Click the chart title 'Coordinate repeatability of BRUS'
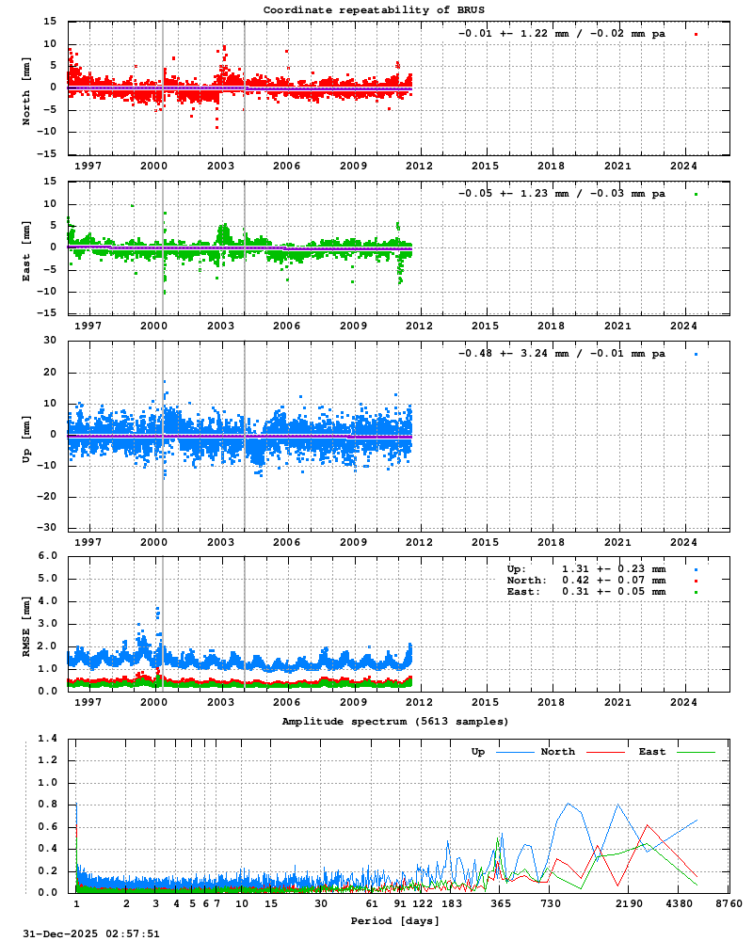pyautogui.click(x=375, y=9)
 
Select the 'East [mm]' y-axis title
pyautogui.click(x=26, y=248)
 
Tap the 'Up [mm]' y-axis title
pyautogui.click(x=26, y=436)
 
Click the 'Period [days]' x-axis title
pyautogui.click(x=394, y=919)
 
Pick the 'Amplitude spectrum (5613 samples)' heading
pyautogui.click(x=395, y=721)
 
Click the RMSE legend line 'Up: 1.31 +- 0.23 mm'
pyautogui.click(x=586, y=569)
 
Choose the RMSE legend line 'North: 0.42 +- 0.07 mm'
pyautogui.click(x=586, y=581)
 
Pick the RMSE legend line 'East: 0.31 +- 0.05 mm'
pyautogui.click(x=586, y=592)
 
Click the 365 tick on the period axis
pyautogui.click(x=501, y=903)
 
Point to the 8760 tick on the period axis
pyautogui.click(x=729, y=903)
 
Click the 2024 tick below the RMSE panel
pyautogui.click(x=683, y=702)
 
